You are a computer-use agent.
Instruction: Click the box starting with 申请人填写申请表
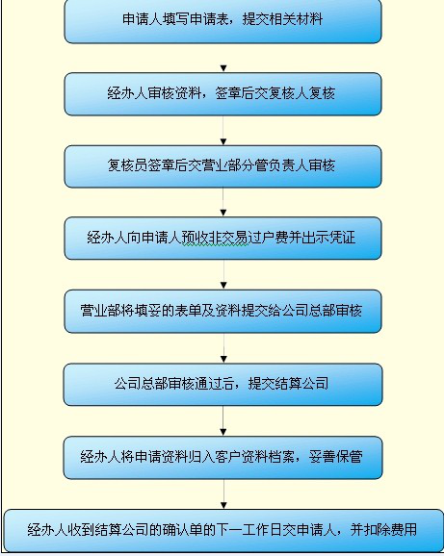[222, 21]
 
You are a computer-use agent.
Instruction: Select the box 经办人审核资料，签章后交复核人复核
[222, 94]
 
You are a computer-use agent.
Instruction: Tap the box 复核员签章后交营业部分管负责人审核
[222, 166]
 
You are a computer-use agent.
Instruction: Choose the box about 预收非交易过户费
[222, 239]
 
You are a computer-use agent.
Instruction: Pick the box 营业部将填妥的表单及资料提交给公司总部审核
[222, 312]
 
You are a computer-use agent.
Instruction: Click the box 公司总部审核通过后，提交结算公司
[222, 385]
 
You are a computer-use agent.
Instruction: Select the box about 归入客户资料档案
[222, 458]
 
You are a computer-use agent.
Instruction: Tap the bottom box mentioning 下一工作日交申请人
[223, 531]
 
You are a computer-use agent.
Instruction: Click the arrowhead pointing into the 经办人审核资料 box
[223, 68]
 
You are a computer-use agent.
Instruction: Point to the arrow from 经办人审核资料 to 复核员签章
[223, 130]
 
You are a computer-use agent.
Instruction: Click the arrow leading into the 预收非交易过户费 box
[223, 202]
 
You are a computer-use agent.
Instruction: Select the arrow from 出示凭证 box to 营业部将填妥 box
[223, 274]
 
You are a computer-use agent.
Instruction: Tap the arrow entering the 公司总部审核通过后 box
[223, 348]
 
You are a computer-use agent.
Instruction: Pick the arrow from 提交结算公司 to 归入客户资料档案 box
[223, 421]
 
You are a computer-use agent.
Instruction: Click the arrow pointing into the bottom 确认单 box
[223, 493]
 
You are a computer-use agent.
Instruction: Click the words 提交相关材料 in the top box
[282, 19]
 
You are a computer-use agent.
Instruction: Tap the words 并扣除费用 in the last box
[383, 529]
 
